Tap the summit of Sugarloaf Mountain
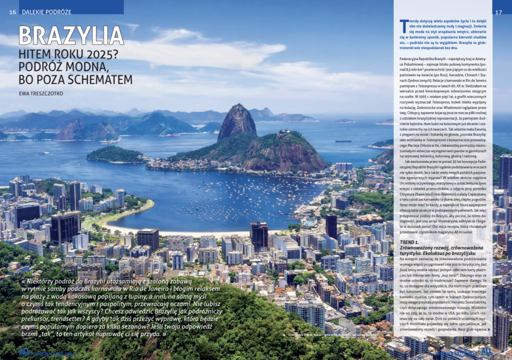[x=237, y=107]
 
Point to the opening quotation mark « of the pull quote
[x=24, y=281]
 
